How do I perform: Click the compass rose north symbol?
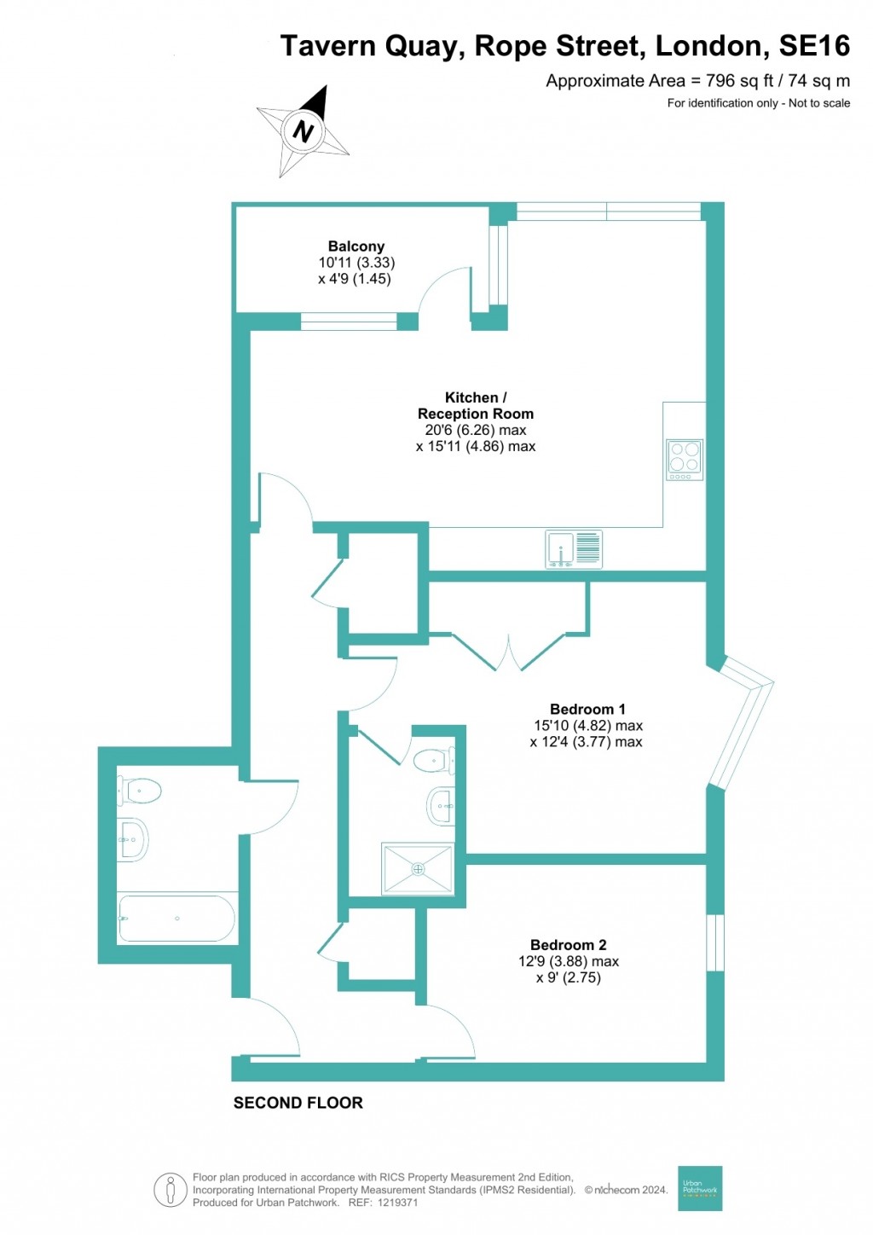[x=304, y=131]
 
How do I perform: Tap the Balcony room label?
[x=356, y=246]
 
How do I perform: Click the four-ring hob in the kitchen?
[x=685, y=460]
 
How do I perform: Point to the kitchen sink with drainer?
[x=574, y=549]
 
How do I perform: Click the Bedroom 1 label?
[x=587, y=710]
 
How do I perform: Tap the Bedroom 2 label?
[x=569, y=945]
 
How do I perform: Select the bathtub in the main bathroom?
[x=176, y=919]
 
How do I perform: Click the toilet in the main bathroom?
[x=140, y=791]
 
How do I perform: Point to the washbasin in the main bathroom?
[x=133, y=840]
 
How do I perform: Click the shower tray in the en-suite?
[x=418, y=869]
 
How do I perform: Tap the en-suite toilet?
[x=434, y=760]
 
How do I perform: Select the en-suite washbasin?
[x=441, y=806]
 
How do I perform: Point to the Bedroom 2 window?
[x=715, y=942]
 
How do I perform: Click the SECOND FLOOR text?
[x=298, y=1103]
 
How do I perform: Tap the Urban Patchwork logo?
[x=700, y=1188]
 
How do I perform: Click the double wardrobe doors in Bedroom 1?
[x=508, y=652]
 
